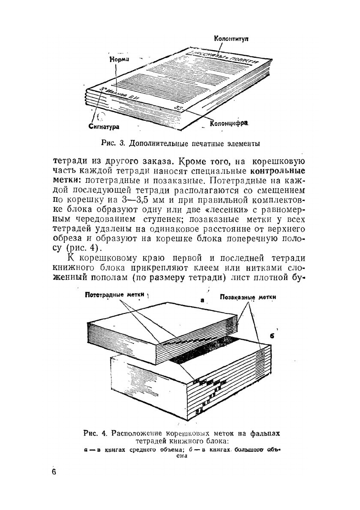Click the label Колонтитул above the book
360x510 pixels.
231,39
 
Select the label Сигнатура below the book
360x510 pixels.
104,127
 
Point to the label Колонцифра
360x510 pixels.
229,124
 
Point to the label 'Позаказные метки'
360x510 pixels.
248,297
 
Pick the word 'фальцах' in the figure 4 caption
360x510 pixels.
264,433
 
